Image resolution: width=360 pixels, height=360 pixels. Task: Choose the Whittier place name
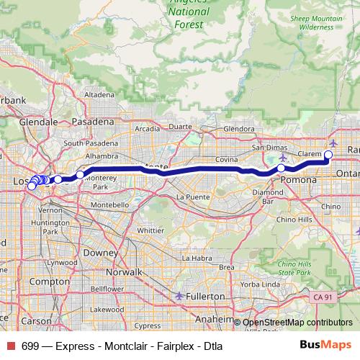click(150, 230)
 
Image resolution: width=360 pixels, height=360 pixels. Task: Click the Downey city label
click(100, 253)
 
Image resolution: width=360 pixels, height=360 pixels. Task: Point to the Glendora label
click(239, 130)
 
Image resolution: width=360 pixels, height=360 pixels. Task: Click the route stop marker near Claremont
click(329, 154)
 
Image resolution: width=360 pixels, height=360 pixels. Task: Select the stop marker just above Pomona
click(281, 168)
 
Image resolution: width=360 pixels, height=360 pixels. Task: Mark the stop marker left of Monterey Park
click(80, 175)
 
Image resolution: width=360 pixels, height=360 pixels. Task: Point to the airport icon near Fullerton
click(179, 296)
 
